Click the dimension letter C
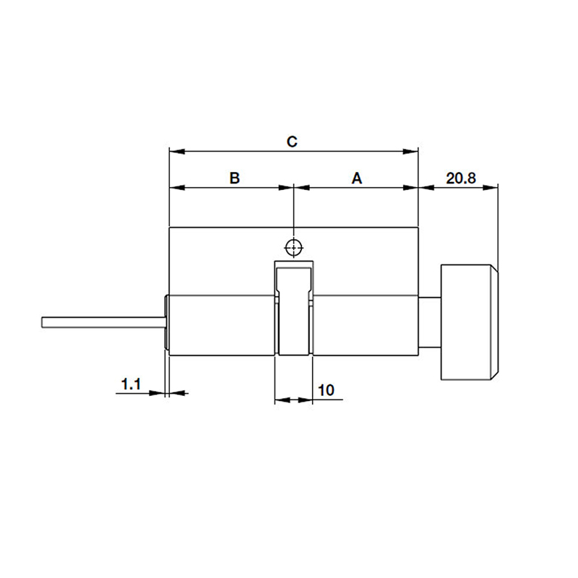(293, 141)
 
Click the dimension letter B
(234, 178)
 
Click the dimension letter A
(356, 178)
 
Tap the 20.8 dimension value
(460, 178)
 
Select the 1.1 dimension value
(131, 384)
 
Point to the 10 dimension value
(326, 390)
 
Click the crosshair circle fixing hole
(293, 247)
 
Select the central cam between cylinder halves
(293, 311)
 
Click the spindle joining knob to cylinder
(430, 322)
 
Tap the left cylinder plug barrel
(220, 325)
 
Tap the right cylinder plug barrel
(365, 325)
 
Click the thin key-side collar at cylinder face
(167, 325)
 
